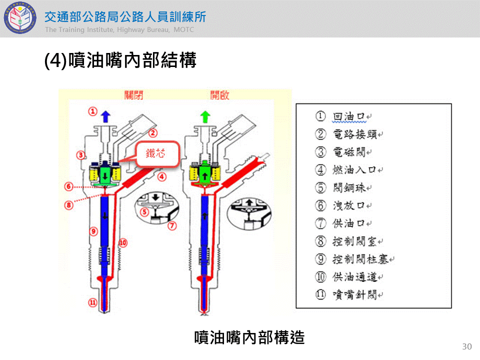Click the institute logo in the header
pyautogui.click(x=20, y=19)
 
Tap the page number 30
pyautogui.click(x=467, y=346)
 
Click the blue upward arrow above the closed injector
pyautogui.click(x=105, y=116)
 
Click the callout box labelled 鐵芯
pyautogui.click(x=156, y=153)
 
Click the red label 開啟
pyautogui.click(x=219, y=95)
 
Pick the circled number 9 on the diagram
pyautogui.click(x=92, y=231)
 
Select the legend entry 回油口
pyautogui.click(x=349, y=116)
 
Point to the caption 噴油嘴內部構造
pyautogui.click(x=249, y=337)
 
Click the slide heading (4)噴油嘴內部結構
pyautogui.click(x=120, y=60)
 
